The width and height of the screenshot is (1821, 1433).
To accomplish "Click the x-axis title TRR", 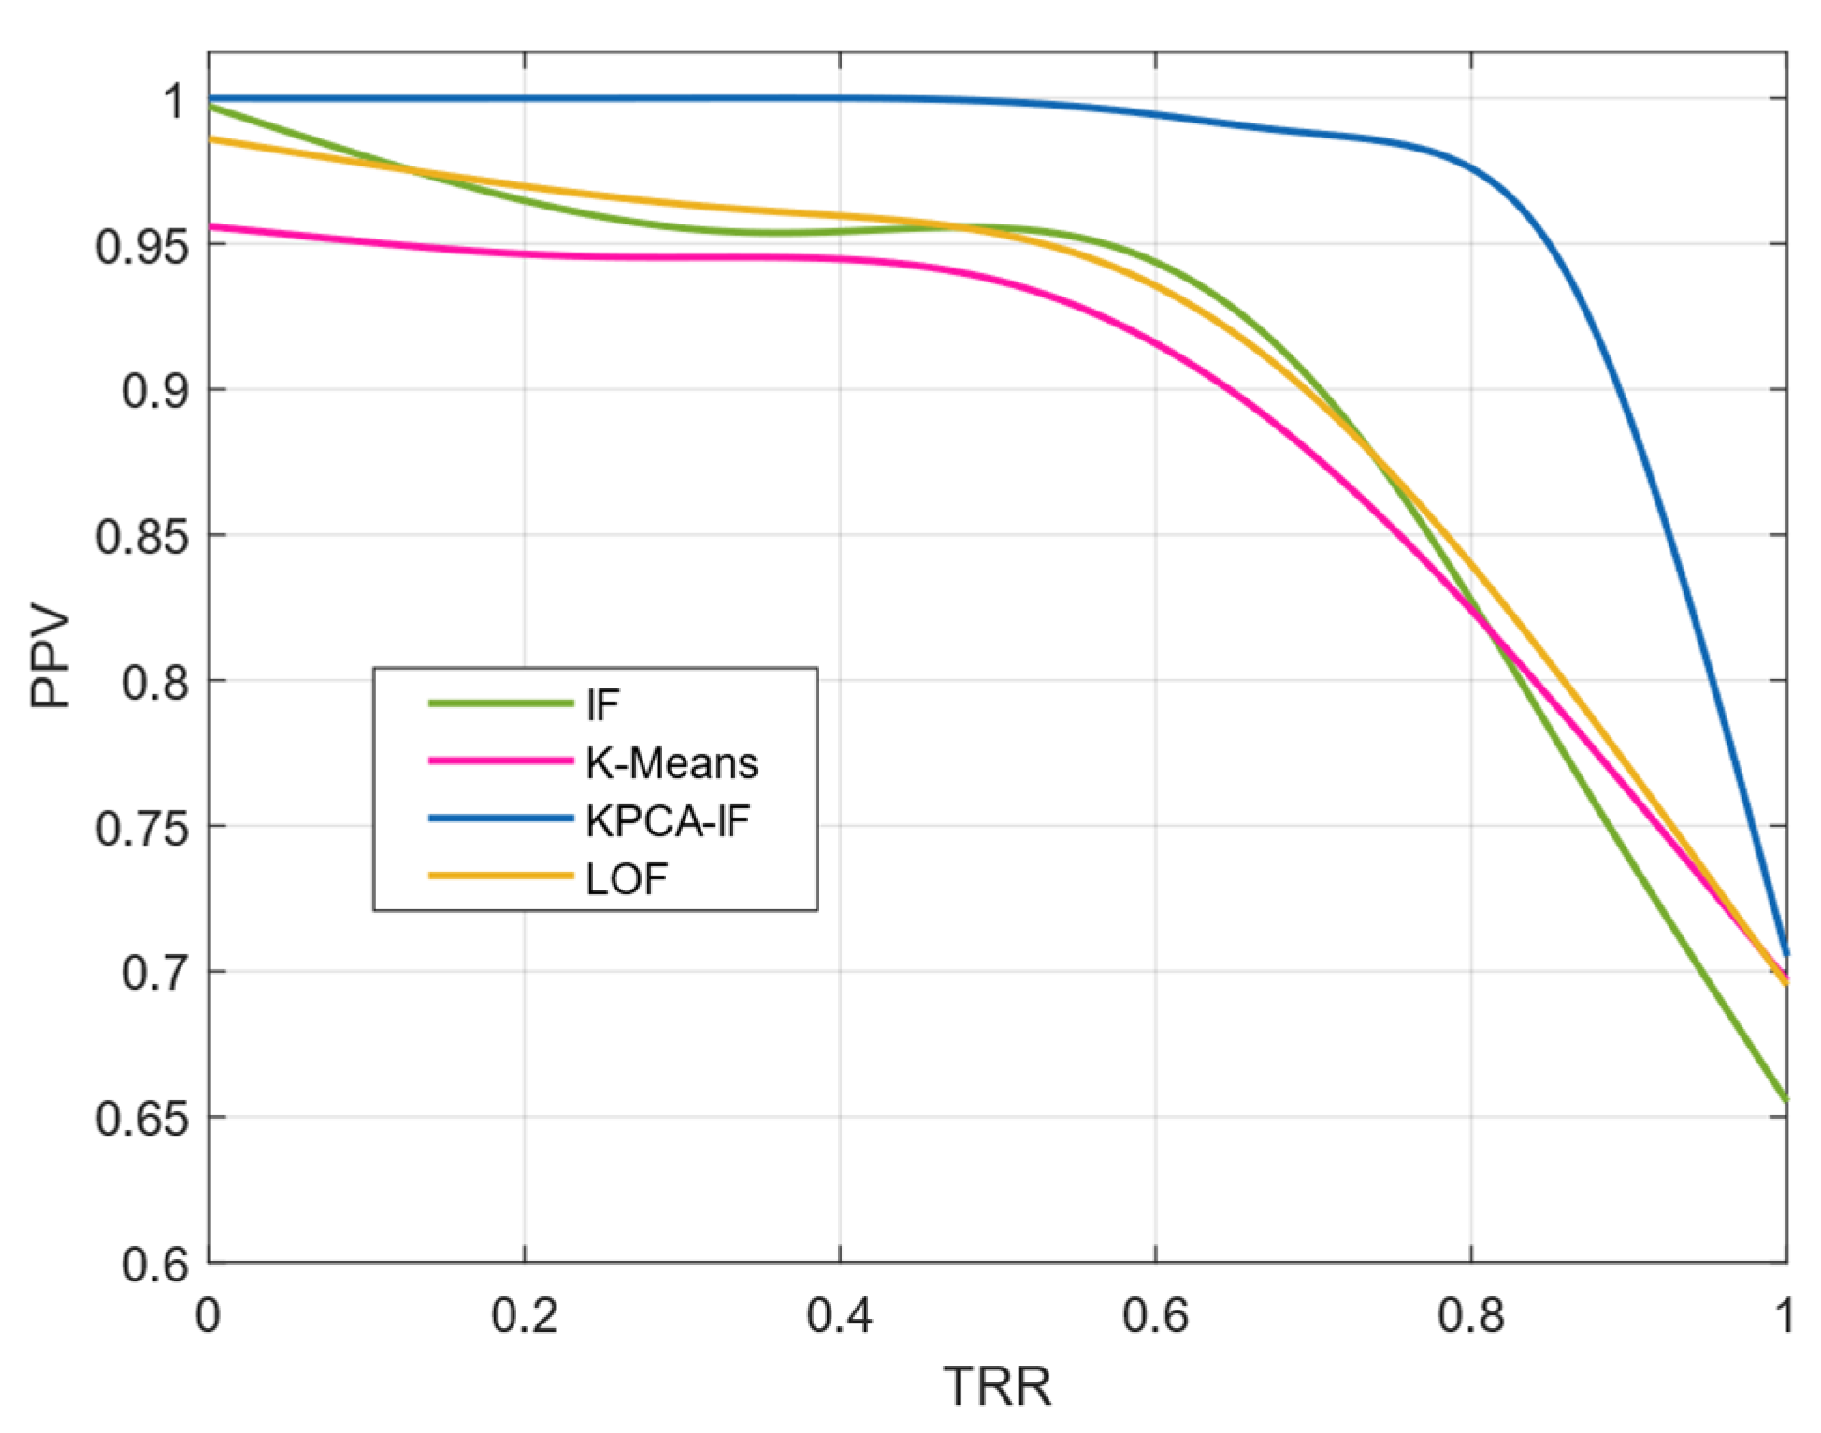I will pyautogui.click(x=997, y=1385).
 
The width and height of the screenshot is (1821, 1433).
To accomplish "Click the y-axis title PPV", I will pyautogui.click(x=51, y=659).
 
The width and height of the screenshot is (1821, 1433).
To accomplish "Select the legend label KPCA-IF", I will pyautogui.click(x=668, y=821).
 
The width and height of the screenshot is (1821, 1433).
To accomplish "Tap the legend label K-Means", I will pyautogui.click(x=672, y=763).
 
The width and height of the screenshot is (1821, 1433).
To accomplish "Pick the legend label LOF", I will pyautogui.click(x=627, y=879).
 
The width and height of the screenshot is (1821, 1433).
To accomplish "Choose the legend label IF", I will pyautogui.click(x=602, y=705).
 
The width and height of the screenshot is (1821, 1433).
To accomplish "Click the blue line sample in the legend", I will pyautogui.click(x=500, y=819).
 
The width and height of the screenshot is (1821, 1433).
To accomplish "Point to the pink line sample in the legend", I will pyautogui.click(x=500, y=761).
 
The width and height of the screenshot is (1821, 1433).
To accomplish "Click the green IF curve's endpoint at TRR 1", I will pyautogui.click(x=1785, y=1099).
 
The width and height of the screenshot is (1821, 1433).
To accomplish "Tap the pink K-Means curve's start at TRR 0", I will pyautogui.click(x=210, y=226).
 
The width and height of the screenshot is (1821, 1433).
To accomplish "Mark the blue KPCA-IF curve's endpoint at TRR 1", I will pyautogui.click(x=1785, y=952).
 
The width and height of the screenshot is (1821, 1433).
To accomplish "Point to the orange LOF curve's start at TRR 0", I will pyautogui.click(x=210, y=138).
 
